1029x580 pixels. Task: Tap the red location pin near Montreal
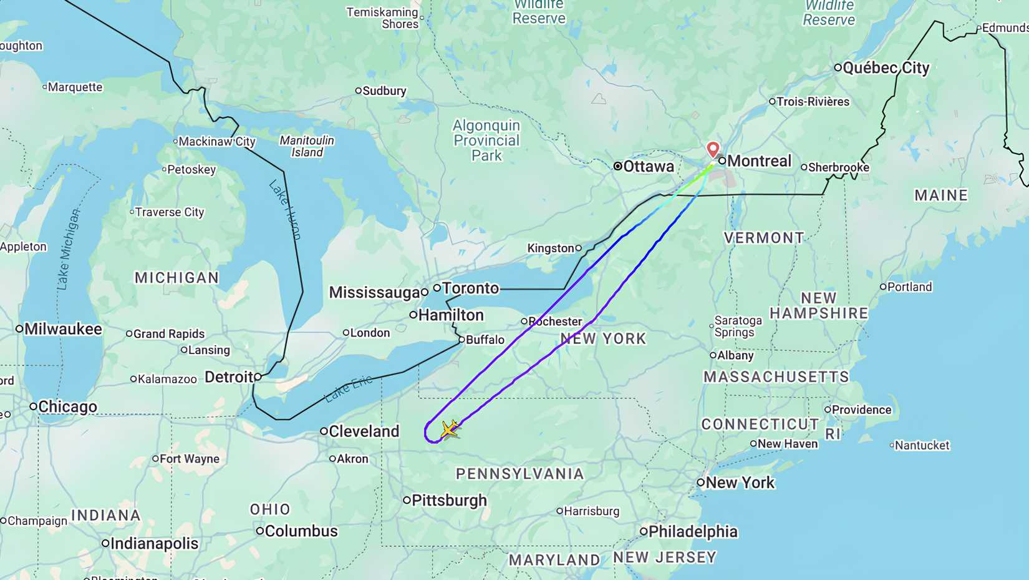click(713, 149)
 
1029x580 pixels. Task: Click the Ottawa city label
click(649, 167)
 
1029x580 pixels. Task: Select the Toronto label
click(471, 288)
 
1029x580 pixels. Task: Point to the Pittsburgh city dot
click(407, 500)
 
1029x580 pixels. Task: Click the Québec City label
click(886, 68)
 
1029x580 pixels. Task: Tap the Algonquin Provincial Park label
click(486, 140)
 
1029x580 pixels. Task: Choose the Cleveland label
click(364, 431)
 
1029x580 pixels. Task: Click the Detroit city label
click(229, 377)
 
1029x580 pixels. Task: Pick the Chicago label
click(67, 407)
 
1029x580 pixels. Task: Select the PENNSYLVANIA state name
click(520, 474)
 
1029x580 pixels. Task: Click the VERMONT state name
click(764, 238)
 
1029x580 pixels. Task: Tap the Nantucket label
click(922, 446)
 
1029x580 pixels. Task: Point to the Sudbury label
click(384, 91)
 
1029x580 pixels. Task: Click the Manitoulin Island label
click(307, 146)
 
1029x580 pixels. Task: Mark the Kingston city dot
click(579, 248)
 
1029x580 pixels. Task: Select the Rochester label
click(555, 322)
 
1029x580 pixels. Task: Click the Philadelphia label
click(693, 532)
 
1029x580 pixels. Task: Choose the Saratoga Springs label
click(738, 326)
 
